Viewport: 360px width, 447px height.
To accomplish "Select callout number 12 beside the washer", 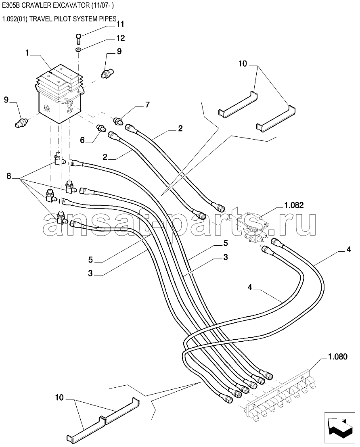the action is point(121,38).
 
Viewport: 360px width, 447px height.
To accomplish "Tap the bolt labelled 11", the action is point(79,39).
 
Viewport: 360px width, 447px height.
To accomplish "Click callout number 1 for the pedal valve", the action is point(27,53).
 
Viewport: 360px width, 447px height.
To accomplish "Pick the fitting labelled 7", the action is point(118,121).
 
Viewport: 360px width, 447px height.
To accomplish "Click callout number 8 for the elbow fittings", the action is point(9,176).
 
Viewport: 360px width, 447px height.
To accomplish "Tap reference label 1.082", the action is point(294,205).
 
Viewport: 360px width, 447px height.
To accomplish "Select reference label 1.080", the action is point(338,357).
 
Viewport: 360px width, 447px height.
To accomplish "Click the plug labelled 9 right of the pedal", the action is point(107,72).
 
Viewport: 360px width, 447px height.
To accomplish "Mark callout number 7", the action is point(147,105).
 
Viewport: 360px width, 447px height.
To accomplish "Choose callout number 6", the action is point(82,140).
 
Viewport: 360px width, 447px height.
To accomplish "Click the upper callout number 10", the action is point(243,64).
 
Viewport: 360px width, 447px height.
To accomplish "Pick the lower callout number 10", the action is point(59,397).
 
